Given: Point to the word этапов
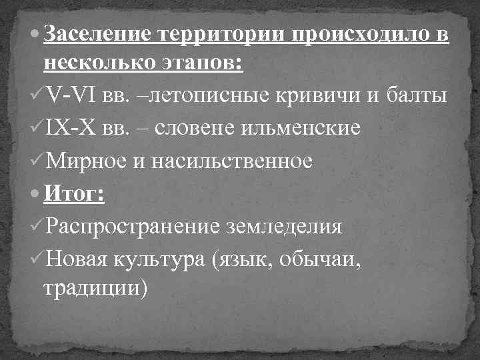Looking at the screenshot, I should (207, 65).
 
